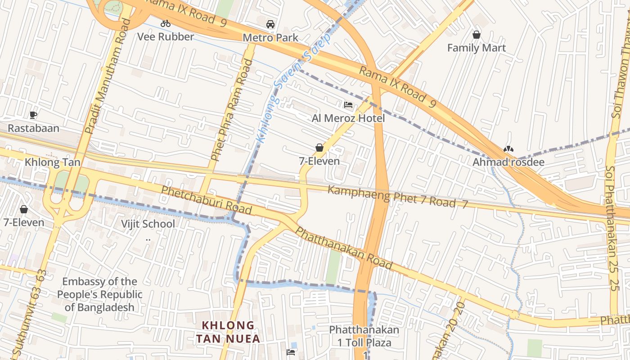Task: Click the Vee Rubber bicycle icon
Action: point(166,23)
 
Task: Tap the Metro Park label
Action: point(270,37)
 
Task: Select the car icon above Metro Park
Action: point(270,24)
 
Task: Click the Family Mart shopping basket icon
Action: point(476,35)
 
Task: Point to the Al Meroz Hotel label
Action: point(348,118)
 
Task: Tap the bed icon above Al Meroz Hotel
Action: point(348,105)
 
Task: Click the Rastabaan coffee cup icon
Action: point(33,115)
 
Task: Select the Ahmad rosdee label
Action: point(508,162)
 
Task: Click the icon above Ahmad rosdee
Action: point(508,149)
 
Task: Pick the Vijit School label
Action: point(148,224)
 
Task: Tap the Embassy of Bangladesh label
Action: point(99,294)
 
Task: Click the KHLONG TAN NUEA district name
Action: point(228,332)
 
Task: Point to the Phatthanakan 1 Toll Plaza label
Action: point(364,336)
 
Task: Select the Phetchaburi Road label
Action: point(206,200)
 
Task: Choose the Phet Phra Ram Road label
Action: point(232,110)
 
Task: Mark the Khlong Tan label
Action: point(53,162)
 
